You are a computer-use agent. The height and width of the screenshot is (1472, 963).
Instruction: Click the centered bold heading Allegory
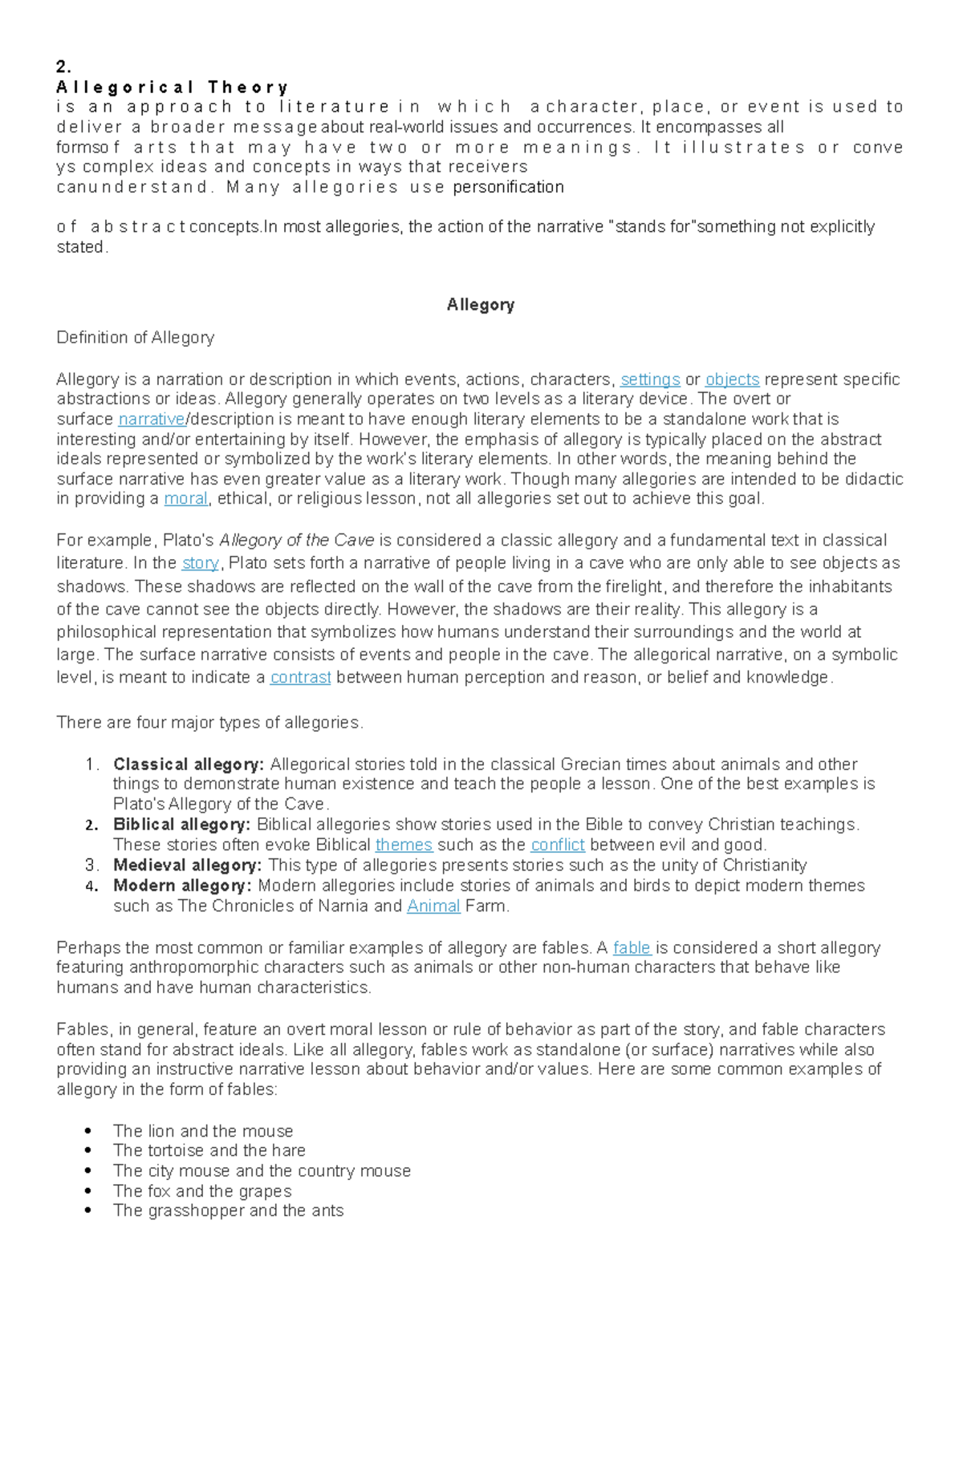click(480, 305)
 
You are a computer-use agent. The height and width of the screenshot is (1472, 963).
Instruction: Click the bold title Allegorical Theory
click(172, 87)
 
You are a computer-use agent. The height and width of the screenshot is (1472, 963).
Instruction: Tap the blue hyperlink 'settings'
click(650, 379)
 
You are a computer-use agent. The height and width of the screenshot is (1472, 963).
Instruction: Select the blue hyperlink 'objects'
click(732, 379)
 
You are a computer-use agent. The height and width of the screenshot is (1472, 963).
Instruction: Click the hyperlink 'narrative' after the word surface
click(151, 419)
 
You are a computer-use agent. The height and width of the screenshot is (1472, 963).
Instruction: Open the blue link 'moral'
click(185, 498)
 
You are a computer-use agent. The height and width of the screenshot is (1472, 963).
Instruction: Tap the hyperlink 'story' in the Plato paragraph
click(200, 563)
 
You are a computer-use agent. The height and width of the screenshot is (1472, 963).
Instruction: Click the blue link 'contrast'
click(300, 677)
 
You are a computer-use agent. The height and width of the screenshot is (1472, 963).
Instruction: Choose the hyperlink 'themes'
click(404, 845)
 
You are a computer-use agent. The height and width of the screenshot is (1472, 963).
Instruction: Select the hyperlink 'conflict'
click(558, 845)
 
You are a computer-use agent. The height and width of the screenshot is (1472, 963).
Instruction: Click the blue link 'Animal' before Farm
click(433, 906)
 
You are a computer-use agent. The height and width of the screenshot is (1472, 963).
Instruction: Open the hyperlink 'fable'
click(632, 948)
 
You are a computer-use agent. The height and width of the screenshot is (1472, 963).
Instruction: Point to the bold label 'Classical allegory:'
click(189, 764)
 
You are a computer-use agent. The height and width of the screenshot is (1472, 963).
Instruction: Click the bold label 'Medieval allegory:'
click(187, 866)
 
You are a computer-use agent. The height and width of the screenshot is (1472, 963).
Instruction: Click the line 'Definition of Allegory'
click(135, 338)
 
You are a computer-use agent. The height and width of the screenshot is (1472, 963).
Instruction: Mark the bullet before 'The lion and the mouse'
click(88, 1131)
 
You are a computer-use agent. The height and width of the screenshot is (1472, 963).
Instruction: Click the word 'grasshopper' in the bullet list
click(196, 1210)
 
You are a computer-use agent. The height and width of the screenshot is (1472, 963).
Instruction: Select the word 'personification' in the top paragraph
click(508, 187)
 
